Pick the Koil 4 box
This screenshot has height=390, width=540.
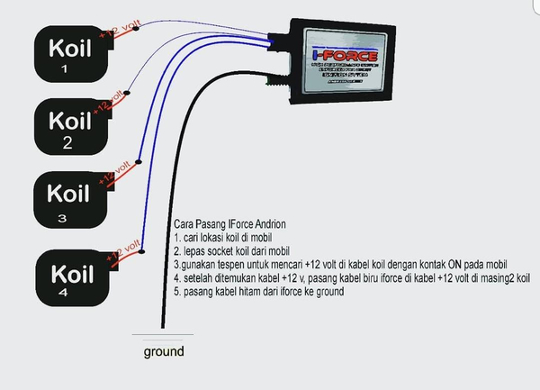(71, 276)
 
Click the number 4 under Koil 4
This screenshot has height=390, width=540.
(64, 293)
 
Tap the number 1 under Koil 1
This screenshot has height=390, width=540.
(63, 68)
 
